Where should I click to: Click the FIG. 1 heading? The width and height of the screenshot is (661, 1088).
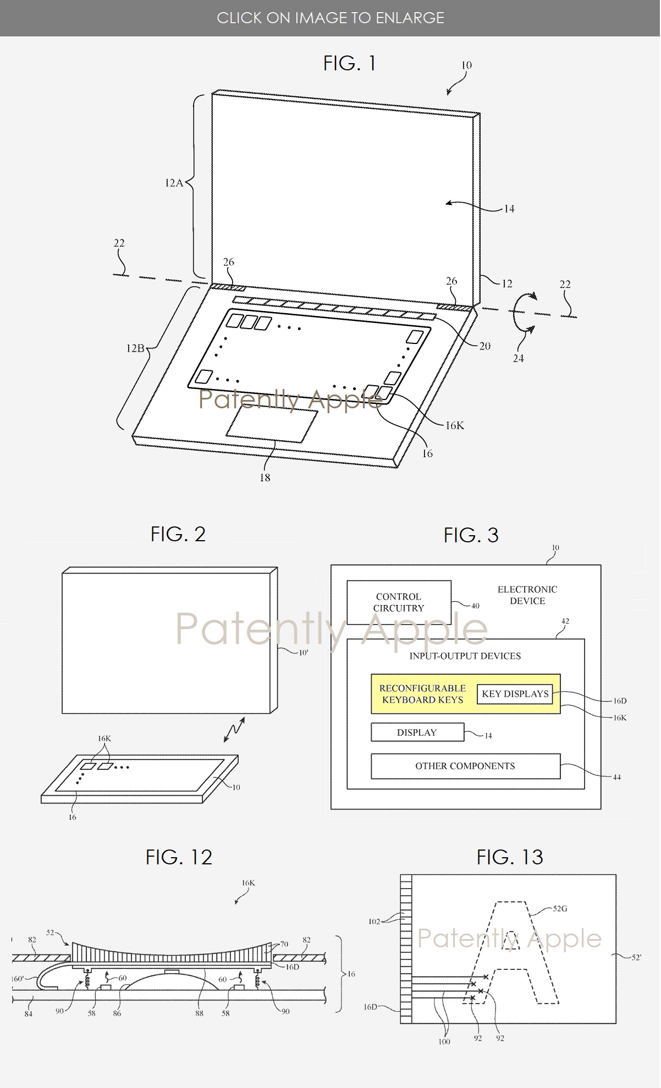pos(349,64)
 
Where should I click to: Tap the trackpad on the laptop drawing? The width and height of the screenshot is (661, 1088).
pos(272,425)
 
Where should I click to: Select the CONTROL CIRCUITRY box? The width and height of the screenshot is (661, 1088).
pos(399,602)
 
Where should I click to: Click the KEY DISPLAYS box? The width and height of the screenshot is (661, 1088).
pos(515,693)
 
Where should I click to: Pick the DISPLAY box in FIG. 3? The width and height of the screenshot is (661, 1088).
pos(417,732)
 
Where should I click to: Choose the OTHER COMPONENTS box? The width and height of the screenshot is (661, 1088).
pos(465,766)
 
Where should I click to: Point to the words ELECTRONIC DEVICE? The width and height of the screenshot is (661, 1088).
pos(527,595)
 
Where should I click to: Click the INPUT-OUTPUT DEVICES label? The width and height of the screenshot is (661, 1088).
pos(465,656)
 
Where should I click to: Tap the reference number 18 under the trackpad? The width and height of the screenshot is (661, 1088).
pos(265,478)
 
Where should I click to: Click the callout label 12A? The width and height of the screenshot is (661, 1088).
pos(174,183)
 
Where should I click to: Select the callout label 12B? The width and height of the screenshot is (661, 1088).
pos(135,348)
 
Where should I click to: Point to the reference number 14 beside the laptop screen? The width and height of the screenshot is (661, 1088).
pos(509,209)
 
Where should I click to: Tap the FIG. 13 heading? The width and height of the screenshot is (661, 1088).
pos(510,857)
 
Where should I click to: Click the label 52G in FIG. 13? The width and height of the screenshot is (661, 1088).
pos(559,908)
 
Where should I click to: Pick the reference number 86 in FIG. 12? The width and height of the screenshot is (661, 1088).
pos(117,1013)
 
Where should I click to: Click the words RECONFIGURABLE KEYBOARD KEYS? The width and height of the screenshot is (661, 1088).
pos(422,694)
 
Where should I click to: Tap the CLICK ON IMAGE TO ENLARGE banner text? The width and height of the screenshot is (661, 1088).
pos(330,18)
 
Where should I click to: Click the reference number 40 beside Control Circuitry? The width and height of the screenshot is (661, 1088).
pos(475,606)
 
